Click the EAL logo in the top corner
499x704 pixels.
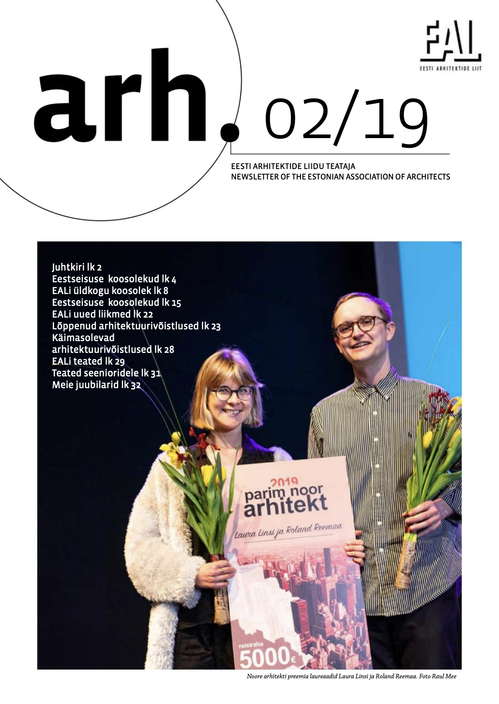tap(451, 42)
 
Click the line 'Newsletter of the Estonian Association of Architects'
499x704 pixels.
tap(340, 177)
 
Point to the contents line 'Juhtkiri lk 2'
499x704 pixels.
tap(77, 267)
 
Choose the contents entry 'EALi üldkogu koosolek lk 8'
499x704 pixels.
tap(110, 291)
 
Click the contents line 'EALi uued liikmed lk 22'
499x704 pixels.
tap(102, 314)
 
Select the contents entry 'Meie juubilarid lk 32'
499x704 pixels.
tap(96, 385)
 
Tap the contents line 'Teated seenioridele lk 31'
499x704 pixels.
tap(106, 373)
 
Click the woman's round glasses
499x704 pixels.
tap(231, 393)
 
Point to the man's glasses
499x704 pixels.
tap(360, 326)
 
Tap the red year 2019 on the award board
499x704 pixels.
tap(284, 482)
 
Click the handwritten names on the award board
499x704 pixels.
tap(288, 531)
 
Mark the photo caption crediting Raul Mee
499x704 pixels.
tap(351, 677)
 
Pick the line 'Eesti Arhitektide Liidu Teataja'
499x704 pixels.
tap(293, 166)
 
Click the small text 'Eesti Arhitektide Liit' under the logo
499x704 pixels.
tap(451, 68)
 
